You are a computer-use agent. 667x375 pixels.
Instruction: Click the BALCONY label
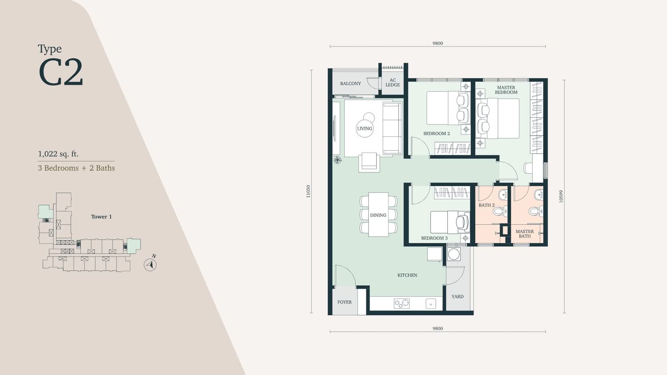pyautogui.click(x=350, y=84)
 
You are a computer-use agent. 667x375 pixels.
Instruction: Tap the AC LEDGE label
pyautogui.click(x=393, y=83)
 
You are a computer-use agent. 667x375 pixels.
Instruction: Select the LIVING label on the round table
pyautogui.click(x=365, y=128)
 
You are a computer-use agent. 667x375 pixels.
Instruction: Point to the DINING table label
pyautogui.click(x=378, y=215)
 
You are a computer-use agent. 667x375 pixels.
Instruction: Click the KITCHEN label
pyautogui.click(x=407, y=275)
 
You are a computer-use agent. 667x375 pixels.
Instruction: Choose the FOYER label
pyautogui.click(x=345, y=302)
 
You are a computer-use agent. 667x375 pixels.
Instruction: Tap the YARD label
pyautogui.click(x=458, y=296)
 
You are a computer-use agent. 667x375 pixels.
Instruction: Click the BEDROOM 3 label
pyautogui.click(x=434, y=238)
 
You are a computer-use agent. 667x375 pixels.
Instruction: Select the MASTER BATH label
pyautogui.click(x=525, y=234)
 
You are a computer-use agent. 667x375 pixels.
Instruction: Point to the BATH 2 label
pyautogui.click(x=486, y=205)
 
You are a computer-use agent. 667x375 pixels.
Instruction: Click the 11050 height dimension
pyautogui.click(x=308, y=191)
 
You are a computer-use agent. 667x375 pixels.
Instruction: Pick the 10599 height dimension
pyautogui.click(x=561, y=196)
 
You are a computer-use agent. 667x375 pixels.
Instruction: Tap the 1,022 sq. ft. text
pyautogui.click(x=58, y=154)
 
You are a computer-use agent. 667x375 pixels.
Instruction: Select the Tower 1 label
pyautogui.click(x=101, y=217)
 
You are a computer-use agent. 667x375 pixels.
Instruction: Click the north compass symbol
pyautogui.click(x=150, y=264)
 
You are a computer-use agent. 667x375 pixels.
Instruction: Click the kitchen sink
pyautogui.click(x=430, y=303)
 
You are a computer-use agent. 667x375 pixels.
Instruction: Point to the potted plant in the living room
pyautogui.click(x=338, y=160)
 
